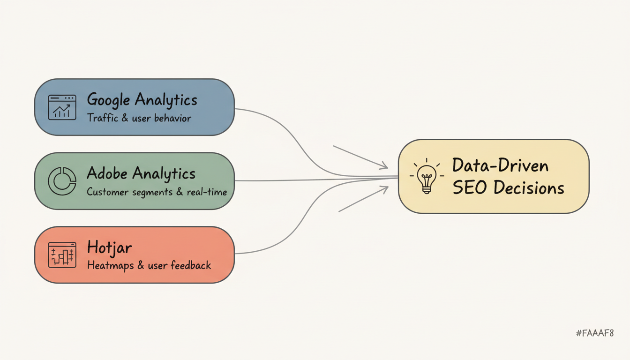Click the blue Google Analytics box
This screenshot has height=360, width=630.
click(134, 107)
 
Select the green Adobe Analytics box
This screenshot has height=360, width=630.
click(134, 180)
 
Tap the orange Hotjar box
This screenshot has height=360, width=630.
click(134, 255)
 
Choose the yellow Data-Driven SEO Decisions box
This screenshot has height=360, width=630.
click(493, 176)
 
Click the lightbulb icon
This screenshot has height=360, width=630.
click(427, 177)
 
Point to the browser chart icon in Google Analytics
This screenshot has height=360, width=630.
click(62, 107)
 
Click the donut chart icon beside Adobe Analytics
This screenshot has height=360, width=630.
click(62, 180)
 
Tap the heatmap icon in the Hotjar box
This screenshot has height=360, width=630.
click(62, 255)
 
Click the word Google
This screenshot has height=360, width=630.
click(109, 100)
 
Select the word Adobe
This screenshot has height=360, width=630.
click(107, 173)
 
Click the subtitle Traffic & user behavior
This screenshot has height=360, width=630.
click(139, 118)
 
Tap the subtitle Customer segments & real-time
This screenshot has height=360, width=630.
click(157, 192)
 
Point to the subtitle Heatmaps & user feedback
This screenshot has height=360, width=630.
click(149, 265)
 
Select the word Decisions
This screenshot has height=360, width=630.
click(529, 188)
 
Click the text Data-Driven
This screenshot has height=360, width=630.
click(500, 165)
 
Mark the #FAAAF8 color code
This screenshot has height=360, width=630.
click(595, 333)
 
